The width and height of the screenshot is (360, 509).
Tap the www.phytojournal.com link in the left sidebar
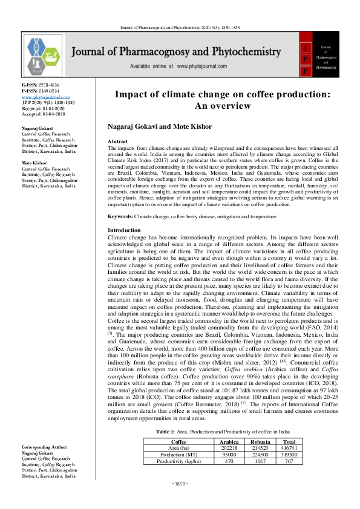[x=44, y=97]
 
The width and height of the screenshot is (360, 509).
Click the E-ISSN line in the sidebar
[x=38, y=86]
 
